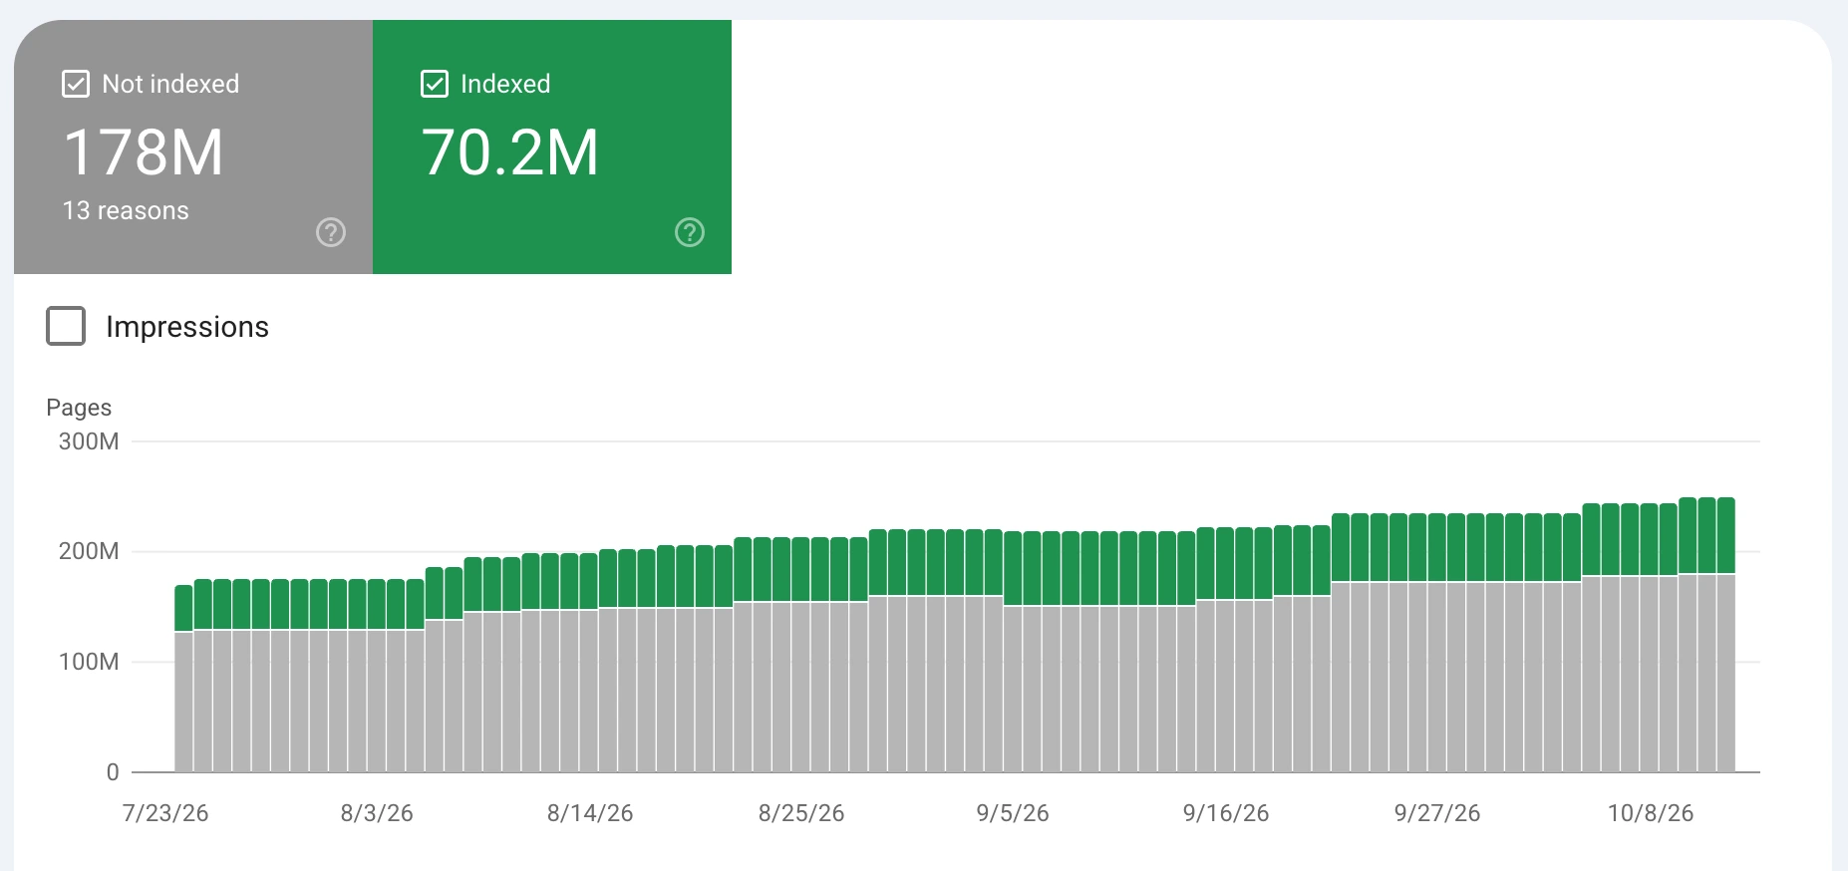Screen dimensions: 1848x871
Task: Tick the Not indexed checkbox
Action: coord(76,84)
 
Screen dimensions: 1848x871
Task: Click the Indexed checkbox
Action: coord(435,84)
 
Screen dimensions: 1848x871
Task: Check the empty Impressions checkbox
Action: coord(66,326)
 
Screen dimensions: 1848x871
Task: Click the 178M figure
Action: coord(144,152)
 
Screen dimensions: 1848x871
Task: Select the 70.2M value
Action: coord(509,152)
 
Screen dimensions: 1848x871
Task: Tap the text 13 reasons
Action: coord(126,211)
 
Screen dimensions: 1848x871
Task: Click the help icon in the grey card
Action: coord(331,232)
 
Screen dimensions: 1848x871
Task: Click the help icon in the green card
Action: coord(690,232)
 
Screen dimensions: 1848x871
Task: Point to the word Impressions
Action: coord(187,327)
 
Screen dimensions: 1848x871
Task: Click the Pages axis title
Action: coord(79,408)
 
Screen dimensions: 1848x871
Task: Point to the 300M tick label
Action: coord(89,441)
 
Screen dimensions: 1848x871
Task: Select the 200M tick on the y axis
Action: coord(89,551)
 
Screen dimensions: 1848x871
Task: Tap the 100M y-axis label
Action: coord(89,662)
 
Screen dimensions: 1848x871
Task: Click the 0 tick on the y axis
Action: coord(113,772)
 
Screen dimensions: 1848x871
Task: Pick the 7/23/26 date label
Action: coord(165,813)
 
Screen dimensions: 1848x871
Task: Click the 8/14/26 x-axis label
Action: coord(590,813)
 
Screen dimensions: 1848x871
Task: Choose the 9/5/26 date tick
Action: coord(1013,813)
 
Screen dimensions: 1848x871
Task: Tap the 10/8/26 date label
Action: coord(1651,813)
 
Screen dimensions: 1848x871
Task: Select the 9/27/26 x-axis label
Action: coord(1437,813)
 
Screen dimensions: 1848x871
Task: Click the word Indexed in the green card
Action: coord(505,84)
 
